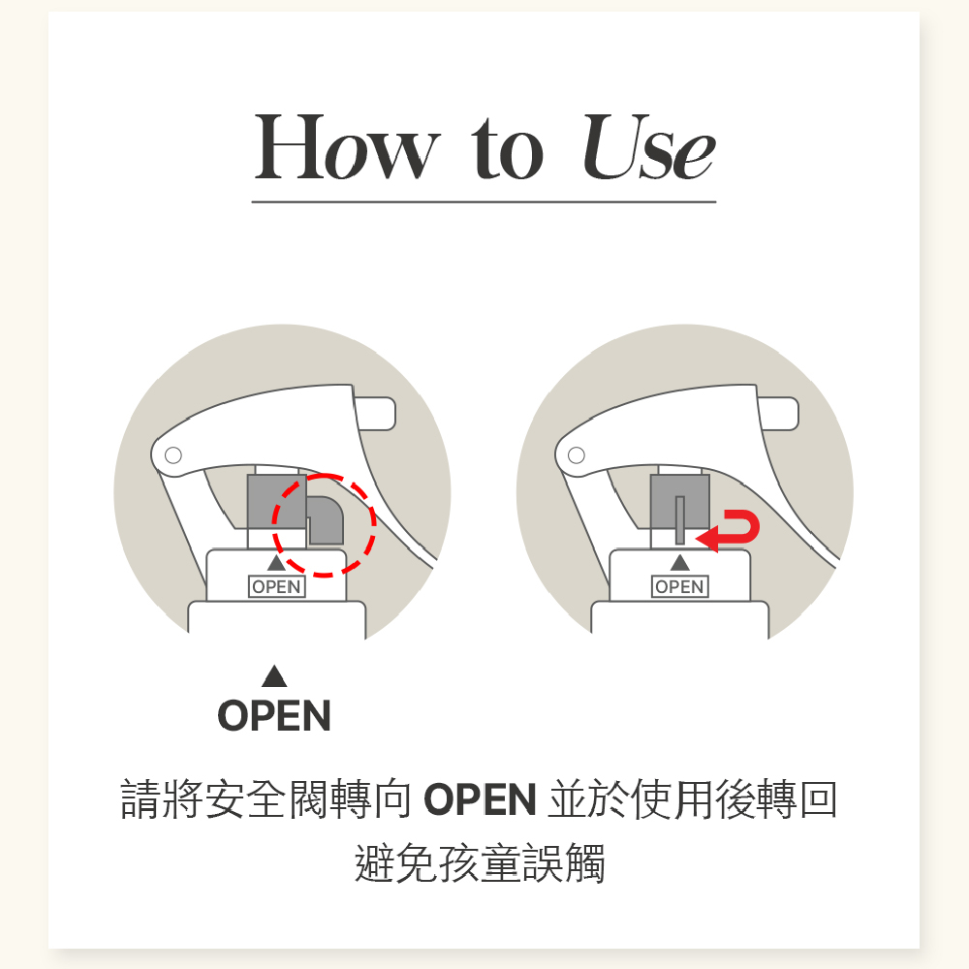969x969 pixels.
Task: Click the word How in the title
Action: click(x=347, y=147)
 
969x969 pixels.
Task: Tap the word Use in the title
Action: click(x=648, y=147)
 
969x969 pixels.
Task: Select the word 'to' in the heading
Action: click(x=508, y=149)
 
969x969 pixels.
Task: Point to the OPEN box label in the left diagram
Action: click(x=277, y=586)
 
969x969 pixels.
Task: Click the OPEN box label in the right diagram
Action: click(x=680, y=586)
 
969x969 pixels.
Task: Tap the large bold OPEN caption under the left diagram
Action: click(x=274, y=716)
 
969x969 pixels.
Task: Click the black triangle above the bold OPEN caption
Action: click(x=274, y=676)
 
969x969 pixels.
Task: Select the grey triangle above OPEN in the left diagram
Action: click(x=276, y=562)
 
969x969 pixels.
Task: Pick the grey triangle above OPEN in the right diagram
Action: click(x=680, y=562)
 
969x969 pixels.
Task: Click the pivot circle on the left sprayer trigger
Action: click(x=173, y=455)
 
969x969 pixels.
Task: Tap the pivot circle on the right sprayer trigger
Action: click(x=577, y=455)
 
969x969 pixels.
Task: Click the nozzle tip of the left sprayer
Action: click(x=376, y=414)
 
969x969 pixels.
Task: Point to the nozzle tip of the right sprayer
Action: click(x=779, y=414)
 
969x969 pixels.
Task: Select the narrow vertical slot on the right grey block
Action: click(x=680, y=519)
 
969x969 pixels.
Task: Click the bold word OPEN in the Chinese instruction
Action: click(x=480, y=799)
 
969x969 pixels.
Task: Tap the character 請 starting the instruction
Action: click(x=141, y=799)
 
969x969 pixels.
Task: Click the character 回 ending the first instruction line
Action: click(x=819, y=799)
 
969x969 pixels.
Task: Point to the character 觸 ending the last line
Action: click(x=584, y=863)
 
